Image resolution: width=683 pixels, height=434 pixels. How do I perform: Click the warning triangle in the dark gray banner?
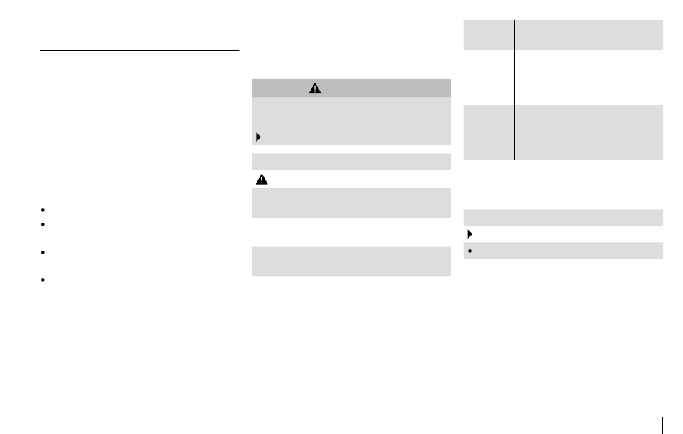[315, 88]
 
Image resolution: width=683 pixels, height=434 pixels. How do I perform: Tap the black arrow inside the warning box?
[259, 136]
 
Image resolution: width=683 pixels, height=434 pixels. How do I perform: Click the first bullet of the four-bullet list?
[44, 211]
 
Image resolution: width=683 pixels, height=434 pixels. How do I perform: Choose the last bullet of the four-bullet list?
[44, 280]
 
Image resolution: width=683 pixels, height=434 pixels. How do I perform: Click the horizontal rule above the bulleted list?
[139, 51]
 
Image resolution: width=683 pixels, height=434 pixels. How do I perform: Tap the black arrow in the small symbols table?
[469, 234]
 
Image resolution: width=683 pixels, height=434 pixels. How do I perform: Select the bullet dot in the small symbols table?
[469, 250]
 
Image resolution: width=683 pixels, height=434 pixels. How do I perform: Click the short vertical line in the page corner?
[665, 423]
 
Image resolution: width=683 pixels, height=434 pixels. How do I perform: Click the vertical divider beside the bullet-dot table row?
[515, 250]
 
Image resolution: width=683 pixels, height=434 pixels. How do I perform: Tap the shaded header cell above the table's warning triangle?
[278, 160]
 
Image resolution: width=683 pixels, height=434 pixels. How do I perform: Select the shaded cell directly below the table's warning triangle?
[278, 203]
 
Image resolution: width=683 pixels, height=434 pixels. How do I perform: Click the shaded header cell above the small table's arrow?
[489, 218]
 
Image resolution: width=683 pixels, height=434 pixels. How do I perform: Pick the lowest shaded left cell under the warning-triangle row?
[278, 262]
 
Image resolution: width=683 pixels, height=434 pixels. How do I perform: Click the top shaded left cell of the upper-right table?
[489, 34]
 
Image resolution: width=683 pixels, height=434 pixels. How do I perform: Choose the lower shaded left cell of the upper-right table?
[489, 132]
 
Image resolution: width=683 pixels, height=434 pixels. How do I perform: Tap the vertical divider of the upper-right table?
[515, 86]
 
